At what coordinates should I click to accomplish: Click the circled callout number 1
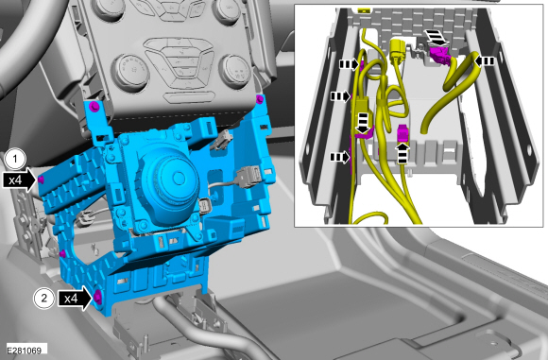tap(15, 160)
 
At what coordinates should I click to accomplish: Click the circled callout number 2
tap(44, 299)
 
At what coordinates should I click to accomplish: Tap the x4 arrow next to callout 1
tap(20, 180)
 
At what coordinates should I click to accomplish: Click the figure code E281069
tap(25, 351)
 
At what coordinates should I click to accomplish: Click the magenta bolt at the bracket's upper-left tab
tap(94, 106)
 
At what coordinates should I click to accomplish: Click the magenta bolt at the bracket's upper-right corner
tap(259, 99)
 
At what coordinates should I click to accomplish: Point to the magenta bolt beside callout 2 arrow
tap(97, 297)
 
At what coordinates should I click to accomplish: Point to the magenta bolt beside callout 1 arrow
tap(41, 180)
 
